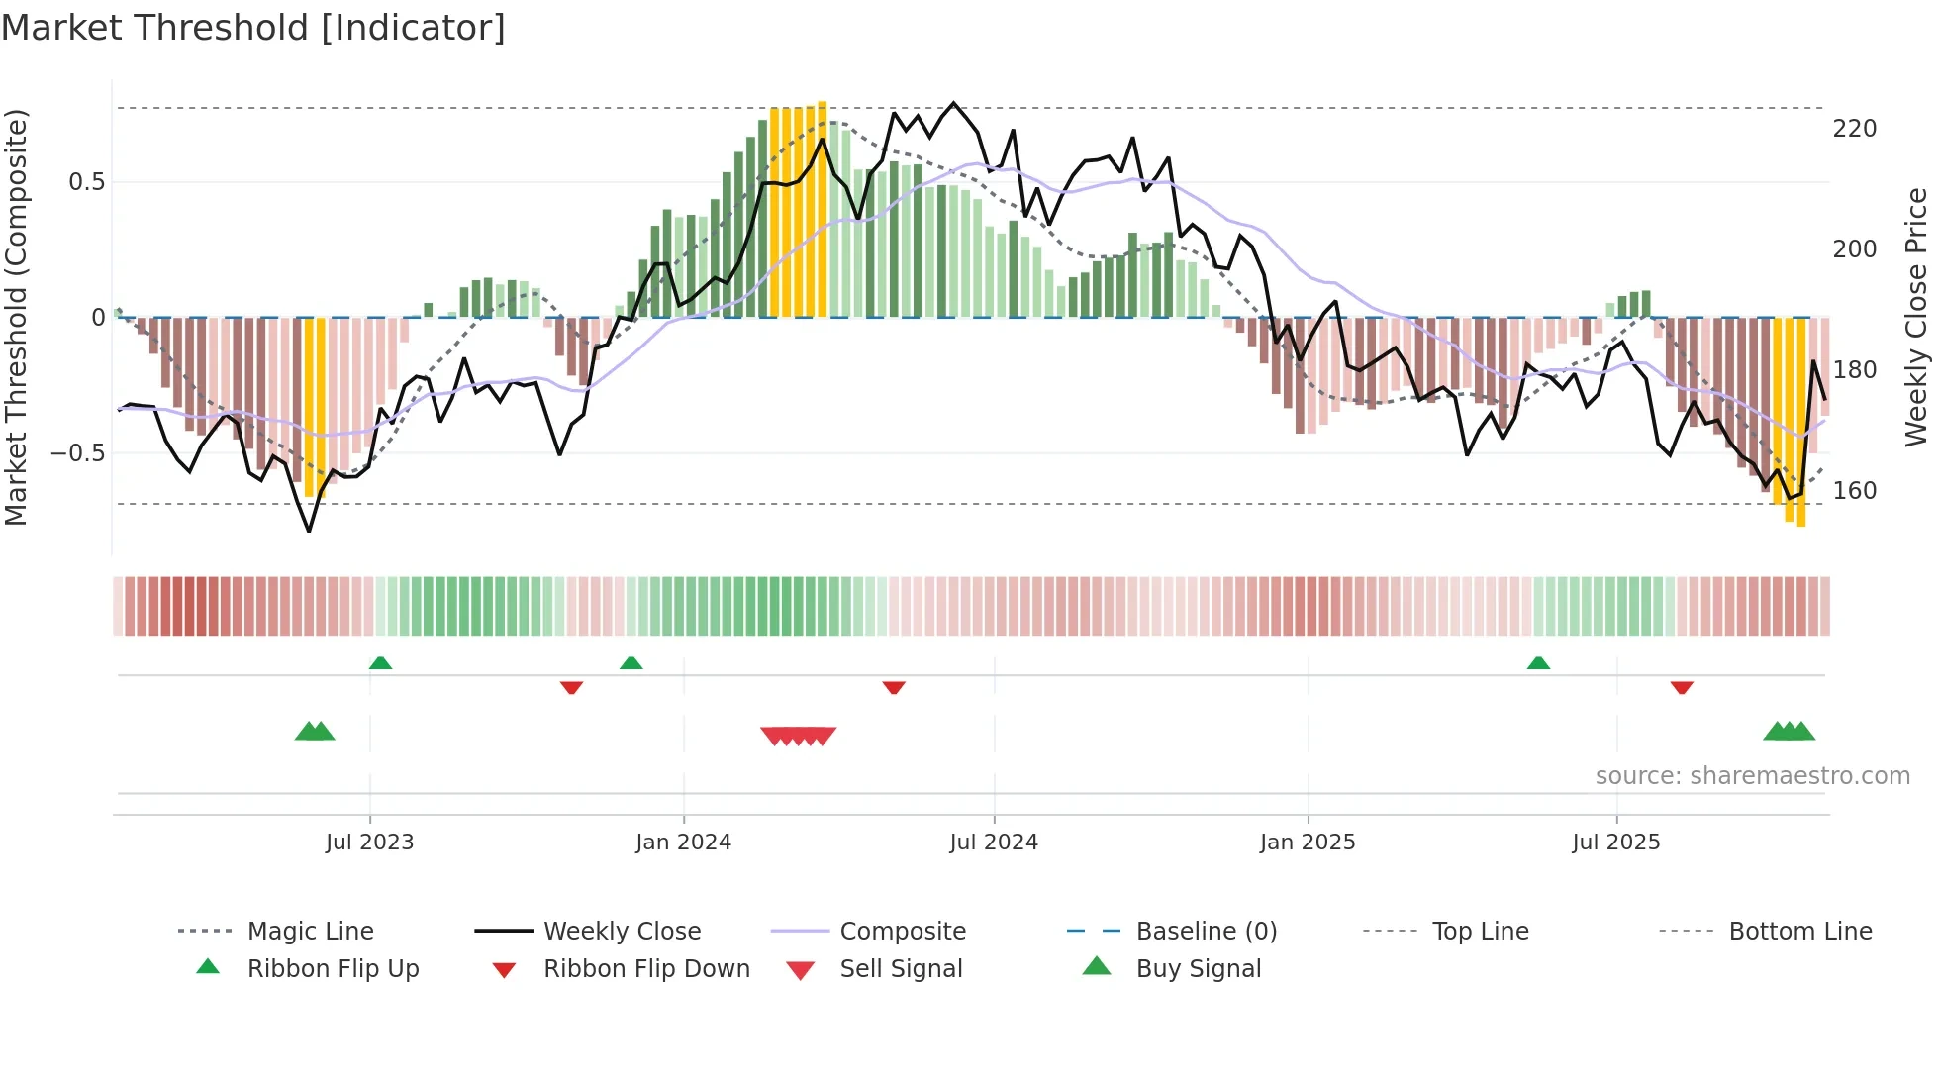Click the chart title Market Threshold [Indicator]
click(x=253, y=28)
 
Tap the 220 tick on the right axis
click(x=1854, y=129)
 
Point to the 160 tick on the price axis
click(x=1854, y=491)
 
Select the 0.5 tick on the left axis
click(x=86, y=182)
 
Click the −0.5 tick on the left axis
click(x=78, y=453)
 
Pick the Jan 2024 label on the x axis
click(x=683, y=843)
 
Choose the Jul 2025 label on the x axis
click(x=1615, y=843)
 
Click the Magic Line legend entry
click(x=310, y=932)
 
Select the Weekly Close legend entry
click(x=622, y=932)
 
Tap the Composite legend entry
click(x=902, y=932)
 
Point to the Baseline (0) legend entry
click(x=1206, y=932)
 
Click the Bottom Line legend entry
click(x=1799, y=932)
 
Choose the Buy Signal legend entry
click(x=1198, y=969)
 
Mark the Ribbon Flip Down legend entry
click(x=645, y=969)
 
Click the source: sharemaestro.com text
click(x=1752, y=776)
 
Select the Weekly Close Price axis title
click(x=1916, y=317)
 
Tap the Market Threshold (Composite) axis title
click(x=16, y=317)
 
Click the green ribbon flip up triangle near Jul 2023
click(x=380, y=663)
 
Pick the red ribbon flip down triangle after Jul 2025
click(x=1682, y=687)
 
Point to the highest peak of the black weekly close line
click(x=954, y=103)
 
